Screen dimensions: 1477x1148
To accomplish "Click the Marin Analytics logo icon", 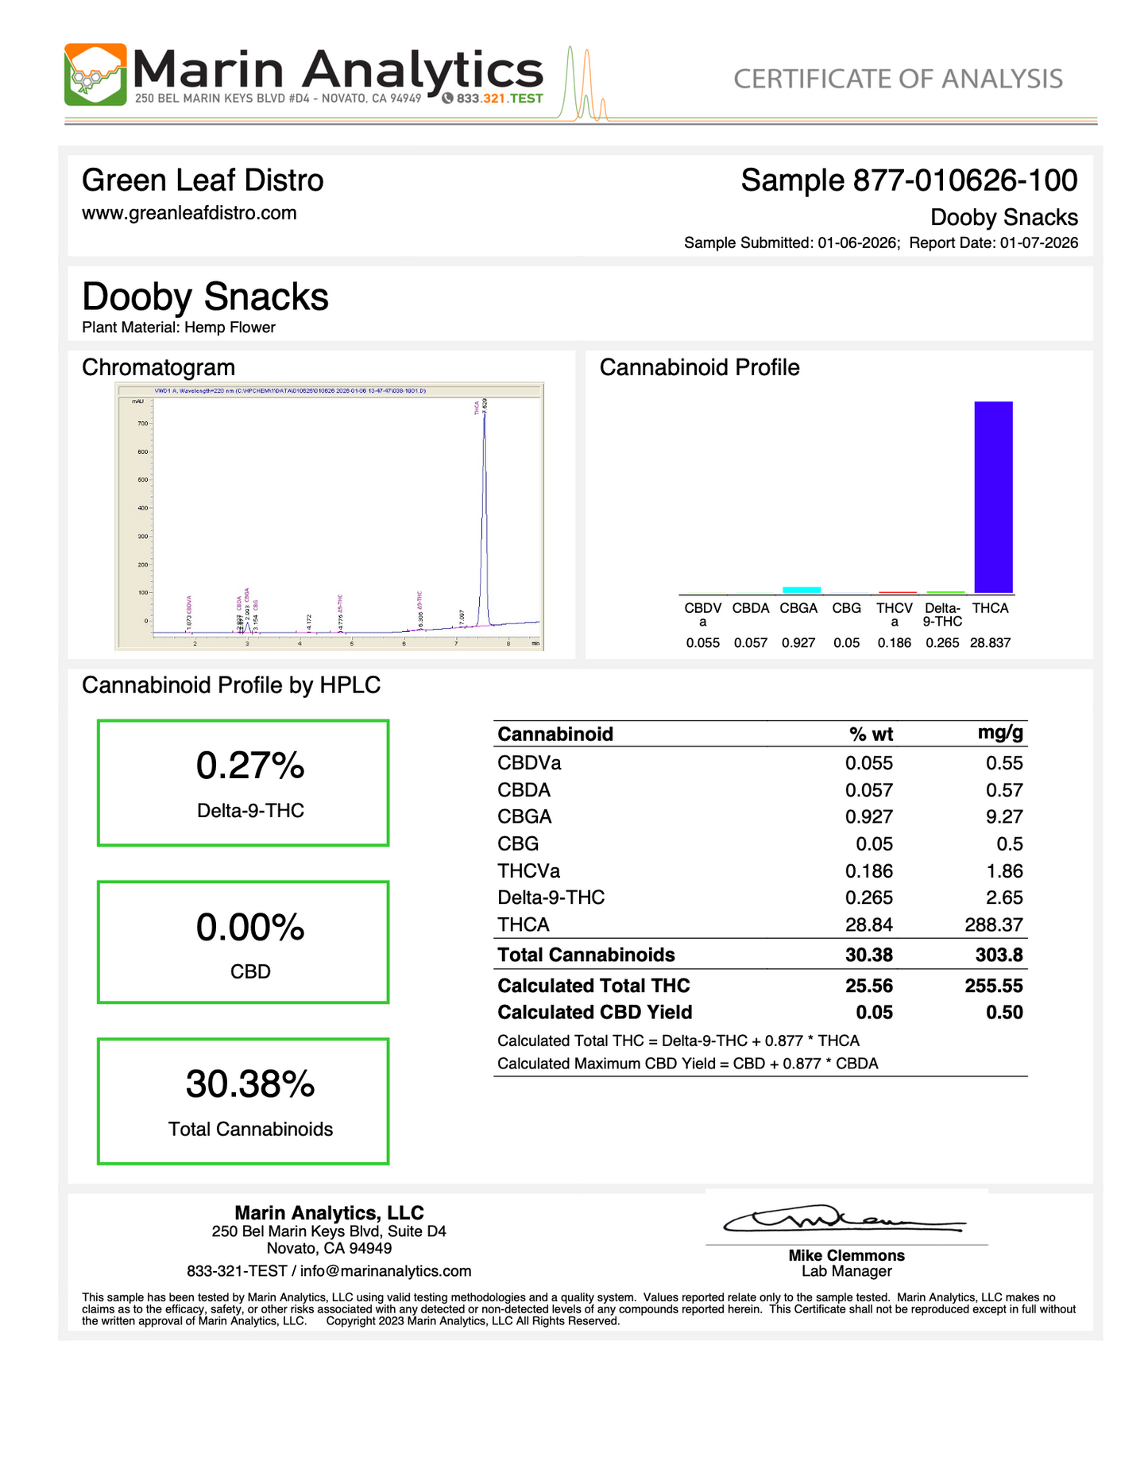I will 95,75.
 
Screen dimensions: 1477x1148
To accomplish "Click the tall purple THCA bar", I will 993,497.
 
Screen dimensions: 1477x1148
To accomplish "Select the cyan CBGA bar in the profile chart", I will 801,589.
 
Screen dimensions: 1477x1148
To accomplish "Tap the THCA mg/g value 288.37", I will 993,925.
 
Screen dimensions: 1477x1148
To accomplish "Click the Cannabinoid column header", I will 555,734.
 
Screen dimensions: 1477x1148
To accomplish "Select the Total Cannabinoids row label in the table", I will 586,955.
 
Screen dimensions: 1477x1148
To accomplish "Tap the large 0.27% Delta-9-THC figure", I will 250,766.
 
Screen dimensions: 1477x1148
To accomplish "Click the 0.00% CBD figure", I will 250,927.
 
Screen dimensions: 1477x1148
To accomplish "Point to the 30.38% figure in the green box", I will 250,1084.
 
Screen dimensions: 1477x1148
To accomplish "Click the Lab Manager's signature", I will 842,1220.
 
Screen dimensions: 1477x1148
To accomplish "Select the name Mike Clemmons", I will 846,1255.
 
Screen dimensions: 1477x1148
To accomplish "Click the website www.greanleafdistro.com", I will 189,213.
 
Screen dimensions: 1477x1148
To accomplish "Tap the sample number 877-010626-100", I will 964,180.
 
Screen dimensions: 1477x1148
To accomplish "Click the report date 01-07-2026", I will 1038,242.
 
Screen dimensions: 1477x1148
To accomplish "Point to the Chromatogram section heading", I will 158,367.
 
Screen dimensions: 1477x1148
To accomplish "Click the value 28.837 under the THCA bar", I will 990,642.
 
